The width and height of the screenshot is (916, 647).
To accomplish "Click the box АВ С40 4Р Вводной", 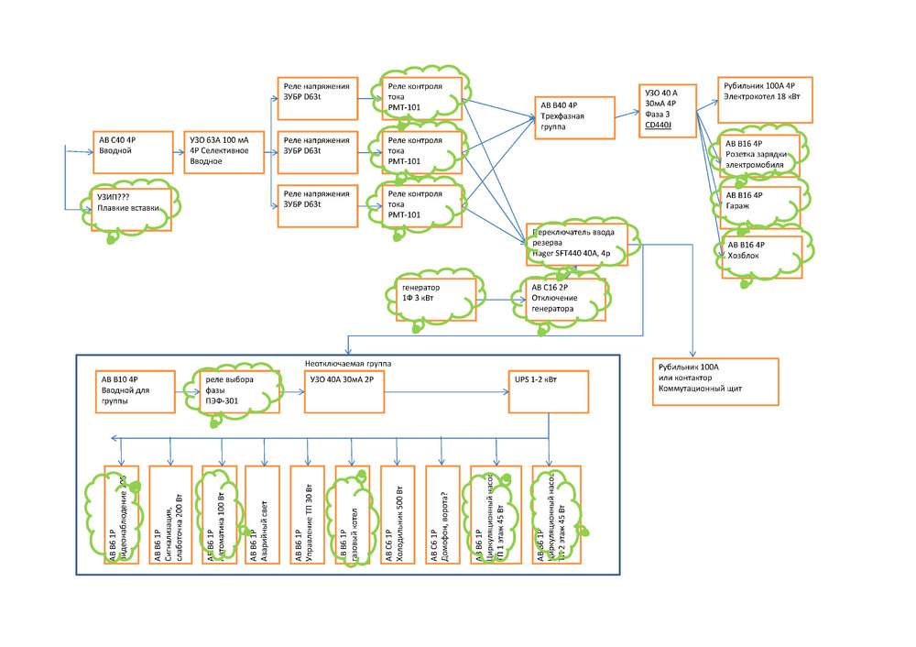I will pyautogui.click(x=133, y=151).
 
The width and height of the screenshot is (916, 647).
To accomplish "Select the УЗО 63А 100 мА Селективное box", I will pyautogui.click(x=224, y=151).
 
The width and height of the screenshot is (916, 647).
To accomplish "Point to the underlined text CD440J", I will pyautogui.click(x=659, y=124).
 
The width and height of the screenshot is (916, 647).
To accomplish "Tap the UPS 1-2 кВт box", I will pyautogui.click(x=548, y=392).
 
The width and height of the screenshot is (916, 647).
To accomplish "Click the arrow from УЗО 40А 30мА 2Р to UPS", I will pyautogui.click(x=445, y=392).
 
